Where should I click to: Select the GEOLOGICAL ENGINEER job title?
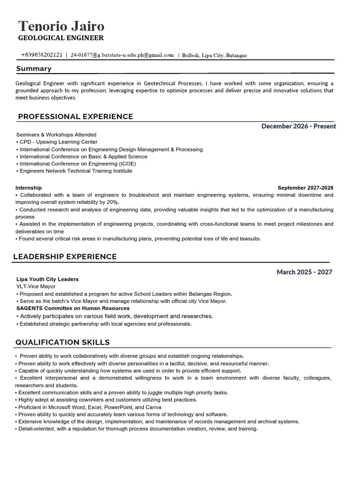(x=60, y=38)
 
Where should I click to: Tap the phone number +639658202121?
(x=42, y=55)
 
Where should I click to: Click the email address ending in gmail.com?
(x=122, y=55)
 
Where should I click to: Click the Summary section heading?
(x=34, y=69)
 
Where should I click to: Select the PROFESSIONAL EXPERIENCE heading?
(x=75, y=117)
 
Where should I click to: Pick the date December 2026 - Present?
(x=299, y=126)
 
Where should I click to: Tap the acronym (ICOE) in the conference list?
(x=127, y=164)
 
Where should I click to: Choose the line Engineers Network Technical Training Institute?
(x=75, y=171)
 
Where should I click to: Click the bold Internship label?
(x=29, y=187)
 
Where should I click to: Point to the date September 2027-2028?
(x=305, y=187)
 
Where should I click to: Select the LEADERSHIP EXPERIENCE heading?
(x=65, y=257)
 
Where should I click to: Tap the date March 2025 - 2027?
(x=304, y=272)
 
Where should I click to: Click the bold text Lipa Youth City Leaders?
(x=47, y=279)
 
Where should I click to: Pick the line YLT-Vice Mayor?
(x=36, y=286)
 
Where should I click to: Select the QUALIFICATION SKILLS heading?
(x=62, y=342)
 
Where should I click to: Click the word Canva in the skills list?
(x=153, y=407)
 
